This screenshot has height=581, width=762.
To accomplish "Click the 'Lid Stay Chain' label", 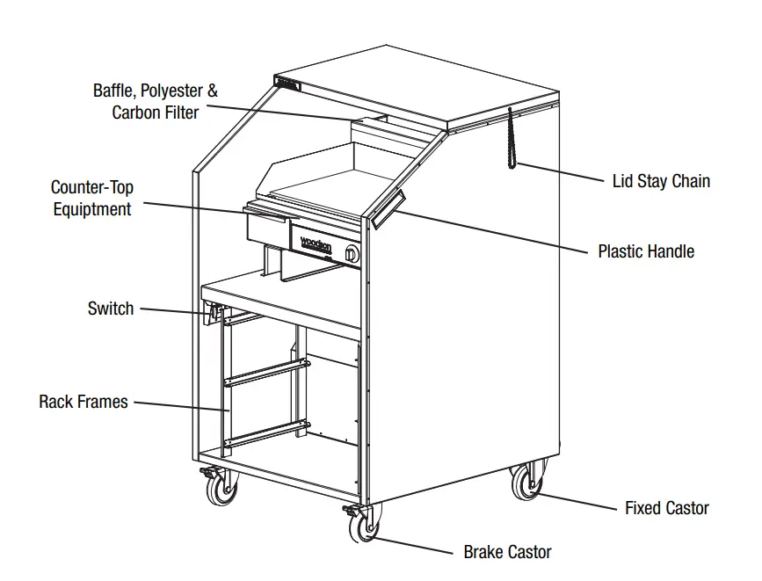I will click(661, 182).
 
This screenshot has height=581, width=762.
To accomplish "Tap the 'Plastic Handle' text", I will click(646, 251).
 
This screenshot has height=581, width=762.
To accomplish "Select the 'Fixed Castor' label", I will click(666, 508).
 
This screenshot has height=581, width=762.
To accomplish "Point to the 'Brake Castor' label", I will click(507, 552).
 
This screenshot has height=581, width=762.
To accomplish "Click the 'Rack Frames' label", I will click(83, 402).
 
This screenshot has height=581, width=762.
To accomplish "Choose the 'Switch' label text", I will click(111, 309).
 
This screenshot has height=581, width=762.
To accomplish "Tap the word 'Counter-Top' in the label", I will click(92, 187).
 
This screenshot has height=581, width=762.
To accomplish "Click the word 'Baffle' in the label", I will click(115, 91).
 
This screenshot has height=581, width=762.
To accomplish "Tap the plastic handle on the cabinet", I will click(388, 209).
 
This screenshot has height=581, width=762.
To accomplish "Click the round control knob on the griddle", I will click(352, 254).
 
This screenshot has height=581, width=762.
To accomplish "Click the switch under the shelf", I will click(212, 311).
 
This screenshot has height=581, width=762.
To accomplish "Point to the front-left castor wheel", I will click(221, 486).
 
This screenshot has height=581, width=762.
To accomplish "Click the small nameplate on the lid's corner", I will click(287, 84).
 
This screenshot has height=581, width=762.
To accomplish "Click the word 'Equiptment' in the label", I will click(92, 209).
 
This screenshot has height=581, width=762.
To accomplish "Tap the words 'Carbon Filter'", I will click(156, 113).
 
